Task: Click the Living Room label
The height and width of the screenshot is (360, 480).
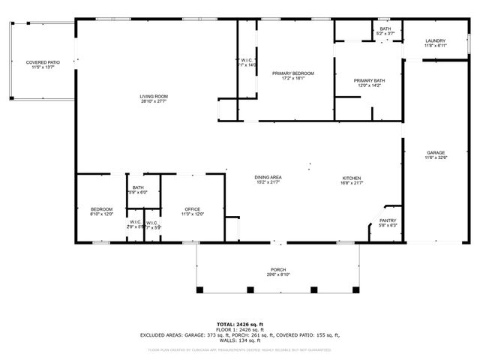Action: [x=153, y=96]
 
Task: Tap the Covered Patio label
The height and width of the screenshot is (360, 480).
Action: [x=43, y=62]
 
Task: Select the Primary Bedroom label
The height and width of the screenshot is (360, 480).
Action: [x=292, y=73]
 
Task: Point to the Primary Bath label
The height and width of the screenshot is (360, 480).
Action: [x=369, y=80]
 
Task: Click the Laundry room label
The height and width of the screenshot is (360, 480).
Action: [x=435, y=40]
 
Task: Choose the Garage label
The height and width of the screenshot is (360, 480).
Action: [x=436, y=152]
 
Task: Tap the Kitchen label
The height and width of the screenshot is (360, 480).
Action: [x=352, y=177]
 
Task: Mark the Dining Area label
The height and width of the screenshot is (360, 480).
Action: [x=268, y=177]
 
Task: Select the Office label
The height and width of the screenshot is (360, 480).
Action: [x=192, y=209]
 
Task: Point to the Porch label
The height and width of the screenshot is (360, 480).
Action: [x=278, y=270]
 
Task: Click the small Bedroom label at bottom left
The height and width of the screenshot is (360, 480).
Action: [x=101, y=209]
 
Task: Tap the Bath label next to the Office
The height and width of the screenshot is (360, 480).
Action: [x=138, y=187]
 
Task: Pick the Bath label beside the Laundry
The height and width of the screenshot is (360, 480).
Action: [x=385, y=28]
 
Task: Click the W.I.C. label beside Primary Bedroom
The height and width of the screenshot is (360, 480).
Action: [x=248, y=60]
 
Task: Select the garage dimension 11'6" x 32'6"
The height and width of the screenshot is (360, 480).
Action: [x=436, y=157]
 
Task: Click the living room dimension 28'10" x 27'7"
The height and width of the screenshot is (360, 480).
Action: [x=153, y=101]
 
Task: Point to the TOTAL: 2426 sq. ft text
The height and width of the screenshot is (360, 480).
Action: [x=239, y=324]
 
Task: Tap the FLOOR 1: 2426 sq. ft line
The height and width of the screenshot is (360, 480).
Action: [x=239, y=329]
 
